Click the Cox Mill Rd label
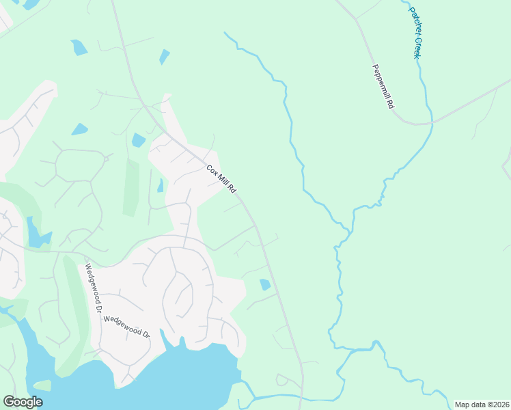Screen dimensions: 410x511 [221, 179]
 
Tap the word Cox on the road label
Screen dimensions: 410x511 [211, 169]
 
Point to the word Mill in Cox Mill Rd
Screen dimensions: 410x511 [221, 179]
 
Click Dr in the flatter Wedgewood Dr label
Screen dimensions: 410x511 [145, 333]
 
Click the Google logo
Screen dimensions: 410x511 [23, 402]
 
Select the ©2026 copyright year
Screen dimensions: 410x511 [496, 405]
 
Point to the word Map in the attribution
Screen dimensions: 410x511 [462, 405]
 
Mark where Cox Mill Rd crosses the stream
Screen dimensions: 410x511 [301, 395]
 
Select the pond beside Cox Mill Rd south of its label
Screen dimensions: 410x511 [265, 284]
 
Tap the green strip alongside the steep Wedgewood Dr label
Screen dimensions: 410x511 [74, 301]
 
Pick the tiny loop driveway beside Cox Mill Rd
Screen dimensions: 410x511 [281, 379]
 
